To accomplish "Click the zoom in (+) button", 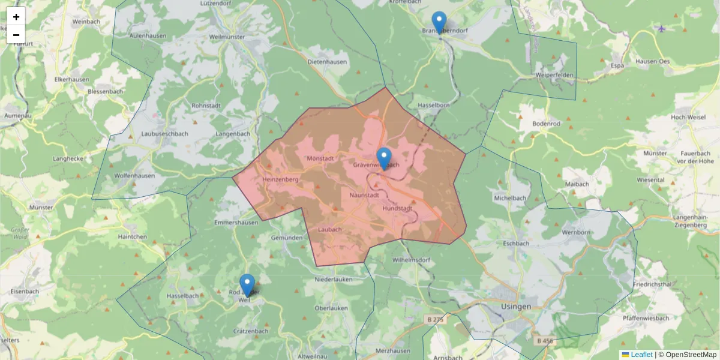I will coord(16,17).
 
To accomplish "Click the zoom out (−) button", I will coord(16,35).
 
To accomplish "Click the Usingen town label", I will coord(515,306).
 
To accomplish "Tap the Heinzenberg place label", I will coord(280,179).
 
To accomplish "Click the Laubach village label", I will coord(330,229).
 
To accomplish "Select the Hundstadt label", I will coord(397,208).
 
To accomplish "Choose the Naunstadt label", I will coord(364,194).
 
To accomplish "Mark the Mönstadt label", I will coord(320,158).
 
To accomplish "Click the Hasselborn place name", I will coord(429,105).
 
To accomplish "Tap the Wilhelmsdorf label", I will coord(412,260).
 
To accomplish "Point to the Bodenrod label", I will coord(546,124).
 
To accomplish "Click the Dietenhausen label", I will coord(327,62).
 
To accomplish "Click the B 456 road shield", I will coord(545,341).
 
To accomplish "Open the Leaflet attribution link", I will coord(641,355).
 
